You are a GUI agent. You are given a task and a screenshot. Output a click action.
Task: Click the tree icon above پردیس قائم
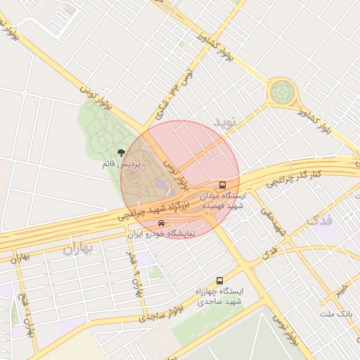(x=122, y=153)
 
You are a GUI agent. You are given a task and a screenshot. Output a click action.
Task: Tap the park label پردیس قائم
(x=122, y=164)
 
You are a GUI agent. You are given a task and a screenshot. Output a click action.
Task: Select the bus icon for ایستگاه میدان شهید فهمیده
(x=222, y=185)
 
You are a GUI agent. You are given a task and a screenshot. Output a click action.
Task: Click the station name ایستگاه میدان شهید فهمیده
(x=223, y=200)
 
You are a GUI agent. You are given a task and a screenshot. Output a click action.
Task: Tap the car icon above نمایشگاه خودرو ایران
(x=162, y=224)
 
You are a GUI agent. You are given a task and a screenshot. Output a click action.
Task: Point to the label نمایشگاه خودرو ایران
(x=161, y=233)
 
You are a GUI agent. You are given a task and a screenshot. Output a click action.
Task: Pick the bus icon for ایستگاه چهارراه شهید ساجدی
(x=220, y=280)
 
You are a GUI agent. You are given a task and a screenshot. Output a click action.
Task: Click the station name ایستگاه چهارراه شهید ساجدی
(x=220, y=295)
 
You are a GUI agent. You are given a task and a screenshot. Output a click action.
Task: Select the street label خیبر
(x=340, y=289)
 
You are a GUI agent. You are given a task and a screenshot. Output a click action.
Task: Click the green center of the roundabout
(x=283, y=91)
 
